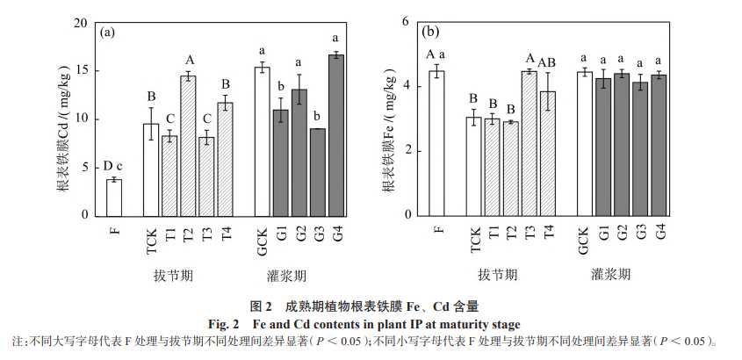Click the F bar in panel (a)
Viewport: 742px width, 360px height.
point(114,198)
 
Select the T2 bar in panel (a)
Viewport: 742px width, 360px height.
point(188,146)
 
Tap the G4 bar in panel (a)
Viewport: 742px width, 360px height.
point(336,135)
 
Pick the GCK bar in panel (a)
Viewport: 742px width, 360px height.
point(262,141)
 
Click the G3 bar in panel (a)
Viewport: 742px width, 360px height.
point(318,172)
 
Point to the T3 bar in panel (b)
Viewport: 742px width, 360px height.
point(529,143)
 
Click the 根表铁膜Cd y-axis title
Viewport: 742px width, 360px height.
point(65,122)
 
